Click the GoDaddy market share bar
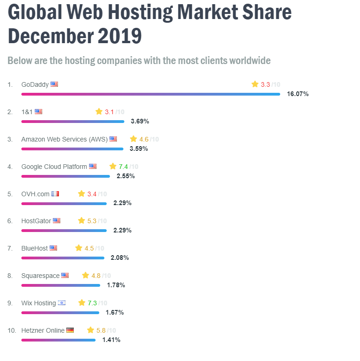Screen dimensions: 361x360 tap(150, 94)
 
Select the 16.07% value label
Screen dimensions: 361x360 tap(297, 94)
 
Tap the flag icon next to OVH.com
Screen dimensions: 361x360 tap(55, 194)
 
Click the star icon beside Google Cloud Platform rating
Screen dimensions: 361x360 tap(113, 166)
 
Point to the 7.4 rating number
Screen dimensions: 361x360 tap(123, 167)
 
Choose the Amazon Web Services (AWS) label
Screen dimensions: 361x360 tap(64, 139)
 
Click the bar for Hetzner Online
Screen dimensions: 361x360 tap(58, 340)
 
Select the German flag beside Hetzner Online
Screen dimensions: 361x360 tap(70, 330)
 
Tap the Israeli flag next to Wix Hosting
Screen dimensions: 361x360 tap(62, 303)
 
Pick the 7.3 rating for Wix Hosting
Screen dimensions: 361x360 tap(92, 303)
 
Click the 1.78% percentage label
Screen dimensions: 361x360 tap(116, 285)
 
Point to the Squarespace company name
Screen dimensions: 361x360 tap(40, 276)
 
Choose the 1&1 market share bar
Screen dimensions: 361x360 tap(73, 122)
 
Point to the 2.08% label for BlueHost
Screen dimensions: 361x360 tap(120, 258)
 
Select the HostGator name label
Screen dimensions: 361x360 tap(36, 221)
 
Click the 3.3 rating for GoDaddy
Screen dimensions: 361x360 tap(265, 84)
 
